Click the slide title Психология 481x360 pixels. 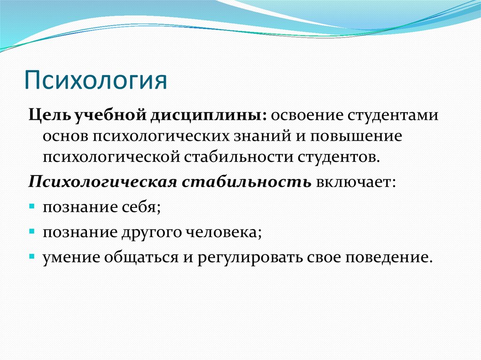(96, 80)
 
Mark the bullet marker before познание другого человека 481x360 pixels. (32, 231)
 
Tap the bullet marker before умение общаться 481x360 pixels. (32, 257)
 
